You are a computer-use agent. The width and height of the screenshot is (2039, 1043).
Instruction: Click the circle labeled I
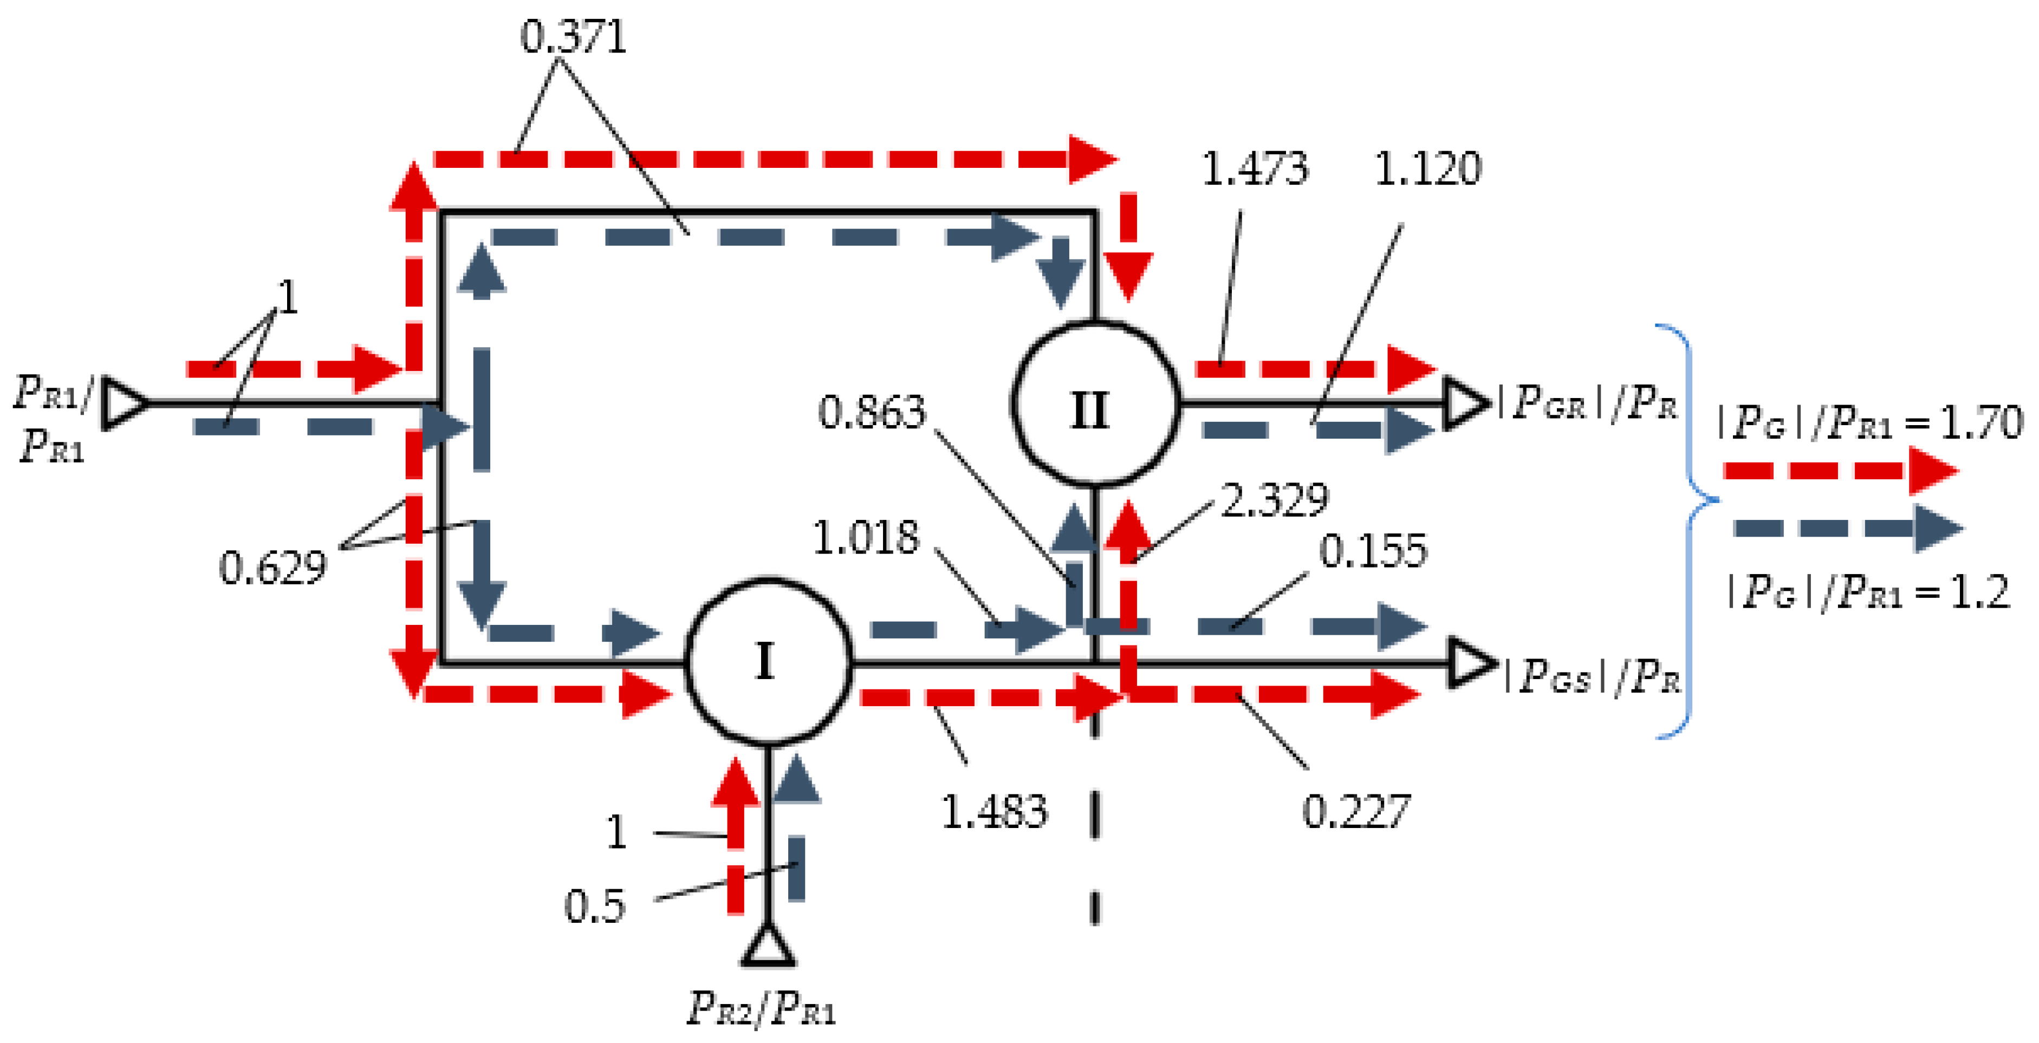[768, 662]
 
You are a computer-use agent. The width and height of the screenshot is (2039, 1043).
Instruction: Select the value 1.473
[1255, 168]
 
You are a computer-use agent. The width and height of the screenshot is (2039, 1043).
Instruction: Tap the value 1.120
[1427, 168]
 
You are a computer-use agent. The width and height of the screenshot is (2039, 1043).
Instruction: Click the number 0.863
[871, 412]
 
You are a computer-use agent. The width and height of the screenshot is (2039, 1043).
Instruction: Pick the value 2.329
[1274, 500]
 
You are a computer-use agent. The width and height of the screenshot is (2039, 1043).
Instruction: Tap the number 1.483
[993, 812]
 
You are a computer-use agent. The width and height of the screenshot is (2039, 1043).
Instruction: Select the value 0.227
[1356, 812]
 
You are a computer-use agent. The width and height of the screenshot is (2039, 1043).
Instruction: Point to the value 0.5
[594, 906]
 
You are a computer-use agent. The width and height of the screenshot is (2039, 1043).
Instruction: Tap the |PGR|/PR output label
[1587, 403]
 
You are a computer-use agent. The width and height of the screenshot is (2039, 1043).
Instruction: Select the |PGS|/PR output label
[1591, 676]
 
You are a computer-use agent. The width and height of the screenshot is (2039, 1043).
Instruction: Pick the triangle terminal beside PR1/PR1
[124, 403]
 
